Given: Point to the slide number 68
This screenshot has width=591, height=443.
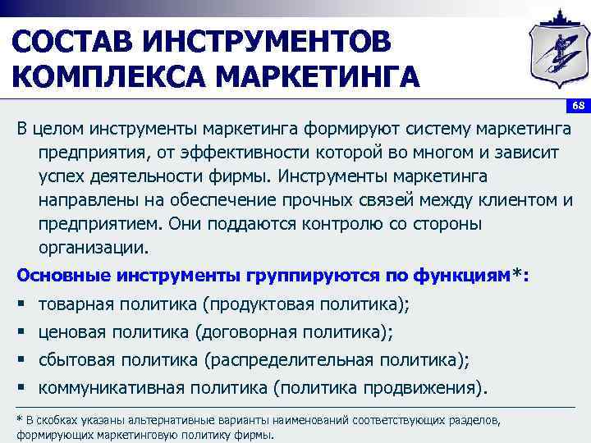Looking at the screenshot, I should click(578, 107).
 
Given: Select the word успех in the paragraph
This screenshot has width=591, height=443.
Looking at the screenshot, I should click(59, 176).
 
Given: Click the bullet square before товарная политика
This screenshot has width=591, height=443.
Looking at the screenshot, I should click(21, 305).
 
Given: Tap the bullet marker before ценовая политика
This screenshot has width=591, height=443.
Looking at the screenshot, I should click(21, 332).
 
